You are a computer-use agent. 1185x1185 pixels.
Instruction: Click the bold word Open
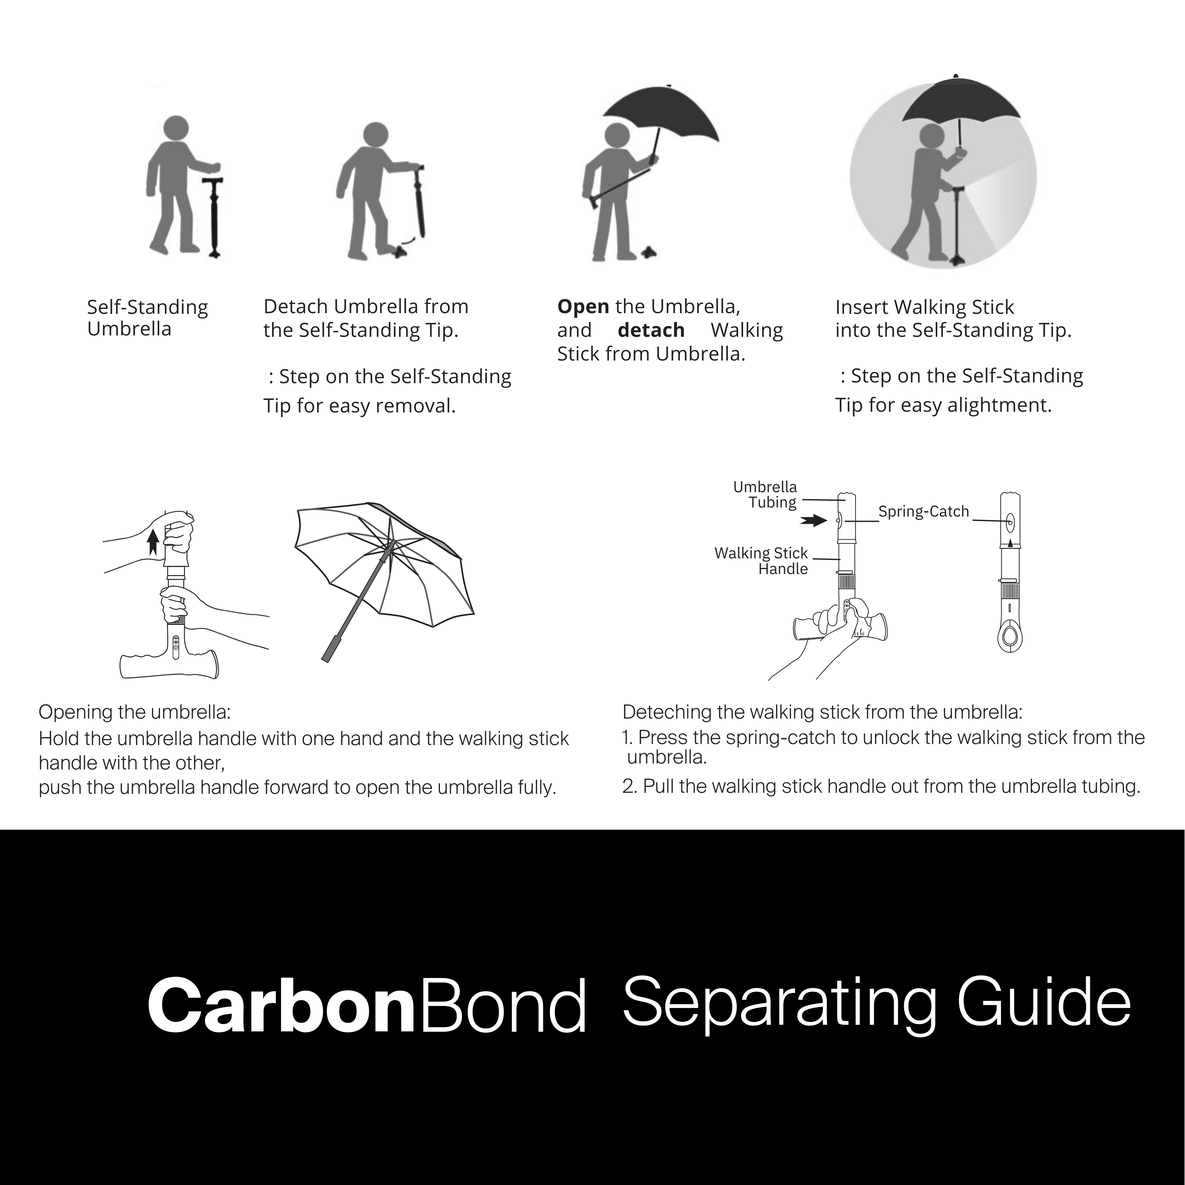(x=583, y=306)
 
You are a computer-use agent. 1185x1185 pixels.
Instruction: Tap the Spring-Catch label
(x=923, y=512)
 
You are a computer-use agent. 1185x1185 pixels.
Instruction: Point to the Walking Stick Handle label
(x=761, y=560)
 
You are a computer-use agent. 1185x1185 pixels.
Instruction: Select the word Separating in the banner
(x=779, y=1004)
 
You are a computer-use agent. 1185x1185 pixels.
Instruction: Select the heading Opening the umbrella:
(x=134, y=712)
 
